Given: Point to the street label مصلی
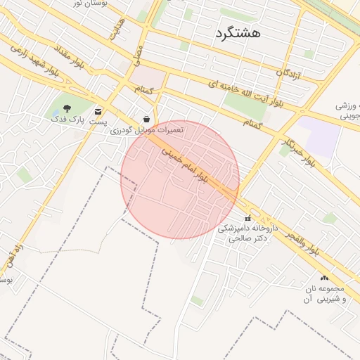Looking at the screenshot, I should coord(139,54).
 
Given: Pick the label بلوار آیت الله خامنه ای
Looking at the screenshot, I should coord(245,94).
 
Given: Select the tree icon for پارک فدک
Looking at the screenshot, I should coord(67,109).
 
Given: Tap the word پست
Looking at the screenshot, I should coord(98,122).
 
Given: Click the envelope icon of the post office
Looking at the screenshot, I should coord(98,110).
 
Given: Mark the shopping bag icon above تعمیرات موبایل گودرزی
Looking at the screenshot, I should coord(146,120).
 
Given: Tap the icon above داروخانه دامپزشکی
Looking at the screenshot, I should coord(247,217).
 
